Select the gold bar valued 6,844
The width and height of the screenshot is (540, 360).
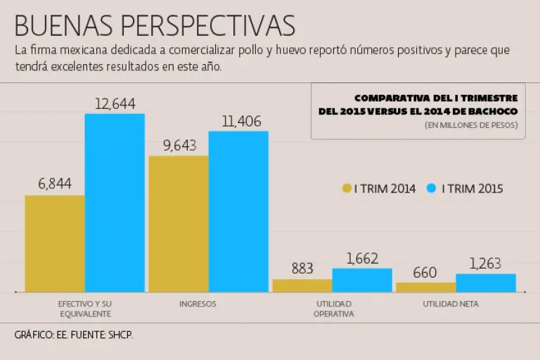tap(55, 243)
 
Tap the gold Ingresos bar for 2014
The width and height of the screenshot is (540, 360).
tap(179, 224)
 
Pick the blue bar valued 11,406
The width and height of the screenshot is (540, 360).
tap(238, 211)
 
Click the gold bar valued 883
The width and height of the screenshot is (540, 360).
tap(302, 285)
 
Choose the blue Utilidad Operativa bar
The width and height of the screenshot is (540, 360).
tap(362, 280)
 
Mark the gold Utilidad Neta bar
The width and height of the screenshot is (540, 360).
tap(425, 287)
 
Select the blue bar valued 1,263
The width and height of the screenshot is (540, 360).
tap(486, 283)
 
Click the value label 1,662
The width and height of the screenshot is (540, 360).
tap(362, 258)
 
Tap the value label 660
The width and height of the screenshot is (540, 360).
tap(425, 272)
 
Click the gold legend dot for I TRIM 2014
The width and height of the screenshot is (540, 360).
tap(347, 188)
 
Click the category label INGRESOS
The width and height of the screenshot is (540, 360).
tap(198, 304)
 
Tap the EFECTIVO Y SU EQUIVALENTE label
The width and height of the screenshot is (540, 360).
tap(84, 309)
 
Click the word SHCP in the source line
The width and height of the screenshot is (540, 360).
tap(120, 335)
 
